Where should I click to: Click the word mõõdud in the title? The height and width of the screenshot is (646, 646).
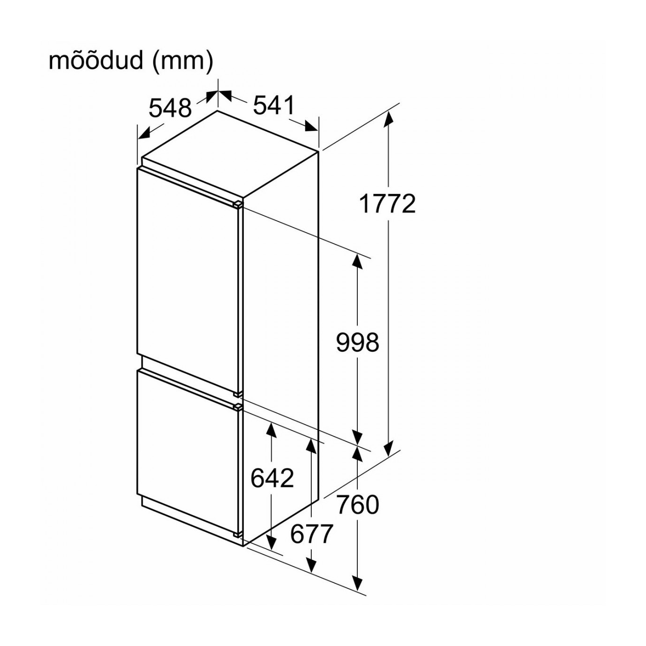pos(96,61)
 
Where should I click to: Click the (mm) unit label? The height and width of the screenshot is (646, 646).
pos(183,62)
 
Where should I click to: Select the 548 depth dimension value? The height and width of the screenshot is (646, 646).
pos(170,108)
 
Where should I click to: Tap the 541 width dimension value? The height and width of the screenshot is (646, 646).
pos(274,105)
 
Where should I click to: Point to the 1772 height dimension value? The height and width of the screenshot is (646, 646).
pos(388,204)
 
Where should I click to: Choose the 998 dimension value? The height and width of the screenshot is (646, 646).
pos(357,342)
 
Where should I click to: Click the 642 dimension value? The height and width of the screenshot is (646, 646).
pos(272,478)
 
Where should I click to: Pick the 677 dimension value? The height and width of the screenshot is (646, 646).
pos(311,534)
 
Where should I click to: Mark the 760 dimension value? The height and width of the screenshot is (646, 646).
pos(358,505)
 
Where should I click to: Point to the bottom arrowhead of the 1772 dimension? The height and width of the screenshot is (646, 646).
pos(388,449)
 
